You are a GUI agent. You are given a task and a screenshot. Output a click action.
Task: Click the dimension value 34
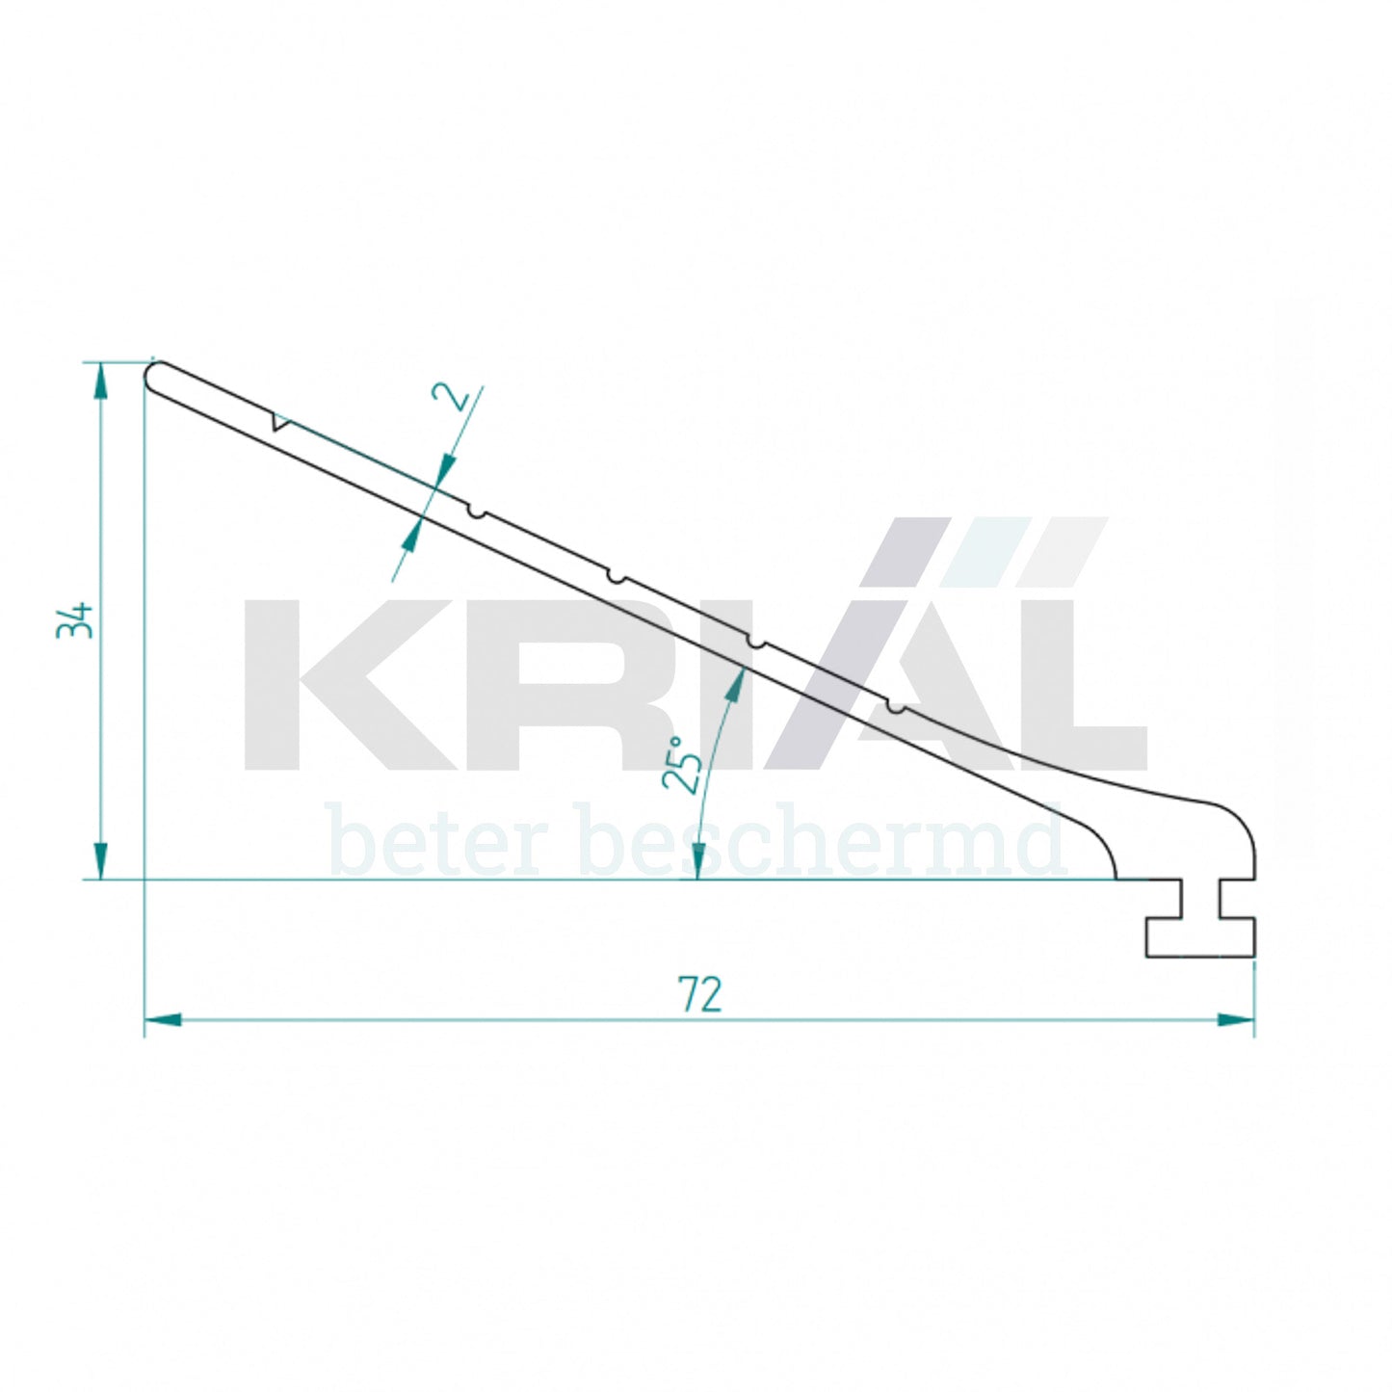pyautogui.click(x=74, y=619)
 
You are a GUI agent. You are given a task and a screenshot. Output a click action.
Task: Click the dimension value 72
pyautogui.click(x=699, y=995)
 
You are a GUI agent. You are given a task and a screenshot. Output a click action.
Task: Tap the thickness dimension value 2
pyautogui.click(x=453, y=397)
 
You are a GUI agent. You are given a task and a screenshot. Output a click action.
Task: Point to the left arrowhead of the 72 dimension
pyautogui.click(x=164, y=1019)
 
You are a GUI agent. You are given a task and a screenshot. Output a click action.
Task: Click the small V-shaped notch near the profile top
pyautogui.click(x=279, y=422)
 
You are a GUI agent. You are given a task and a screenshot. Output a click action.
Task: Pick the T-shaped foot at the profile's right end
pyautogui.click(x=1200, y=920)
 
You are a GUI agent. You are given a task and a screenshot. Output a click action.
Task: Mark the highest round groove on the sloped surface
pyautogui.click(x=476, y=512)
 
